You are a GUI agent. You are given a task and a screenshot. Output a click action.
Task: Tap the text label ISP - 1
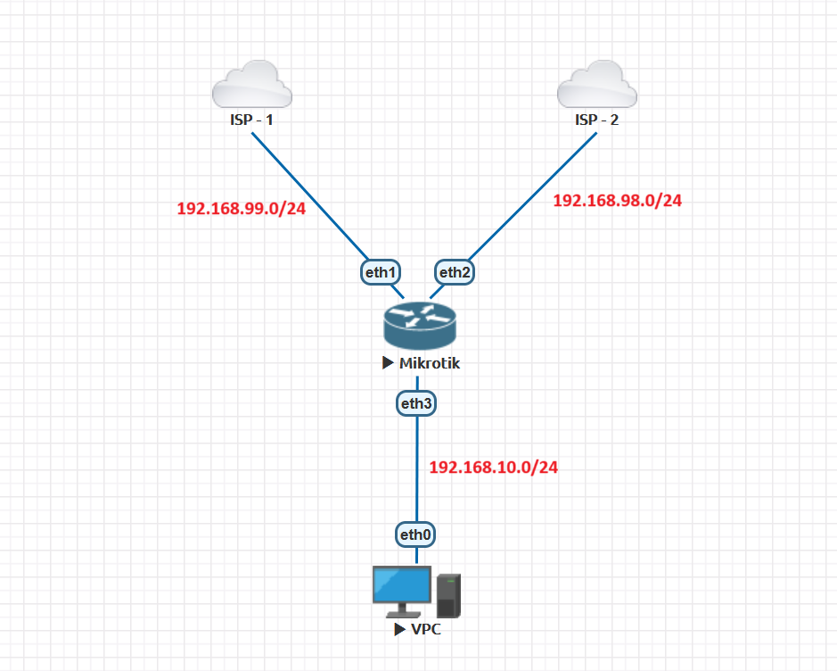(252, 120)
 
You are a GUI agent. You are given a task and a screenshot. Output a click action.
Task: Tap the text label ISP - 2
(596, 120)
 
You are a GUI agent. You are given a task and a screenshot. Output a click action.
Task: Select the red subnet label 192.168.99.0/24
(242, 208)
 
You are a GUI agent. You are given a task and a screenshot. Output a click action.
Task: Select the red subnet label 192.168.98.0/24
(618, 201)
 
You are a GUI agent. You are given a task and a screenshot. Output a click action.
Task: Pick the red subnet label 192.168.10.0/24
(494, 467)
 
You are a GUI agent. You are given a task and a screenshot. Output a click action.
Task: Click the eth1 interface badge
(380, 272)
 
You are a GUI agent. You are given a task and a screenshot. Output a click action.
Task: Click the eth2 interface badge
(455, 272)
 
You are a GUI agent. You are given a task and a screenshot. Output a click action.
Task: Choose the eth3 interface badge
(417, 403)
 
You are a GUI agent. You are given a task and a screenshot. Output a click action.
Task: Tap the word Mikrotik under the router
(430, 363)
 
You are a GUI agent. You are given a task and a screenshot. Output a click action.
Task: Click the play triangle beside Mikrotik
(388, 363)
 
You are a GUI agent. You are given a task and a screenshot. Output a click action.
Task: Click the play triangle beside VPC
(398, 629)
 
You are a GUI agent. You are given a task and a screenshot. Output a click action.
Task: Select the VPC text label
(425, 629)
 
